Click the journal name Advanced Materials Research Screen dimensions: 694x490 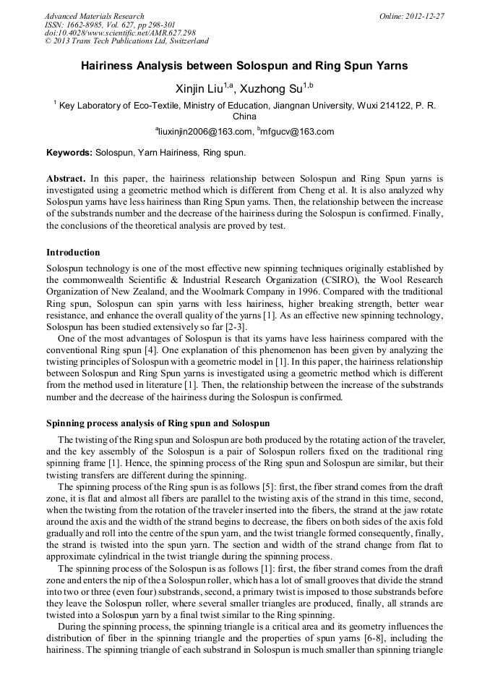[x=94, y=16]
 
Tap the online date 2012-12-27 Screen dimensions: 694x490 [x=424, y=16]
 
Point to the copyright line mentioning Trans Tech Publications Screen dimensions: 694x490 [x=126, y=41]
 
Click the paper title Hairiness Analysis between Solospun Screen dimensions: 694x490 [x=244, y=66]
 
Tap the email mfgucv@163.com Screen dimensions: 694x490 [x=296, y=132]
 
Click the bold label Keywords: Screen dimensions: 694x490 [x=69, y=153]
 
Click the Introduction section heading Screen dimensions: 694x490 [x=73, y=253]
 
